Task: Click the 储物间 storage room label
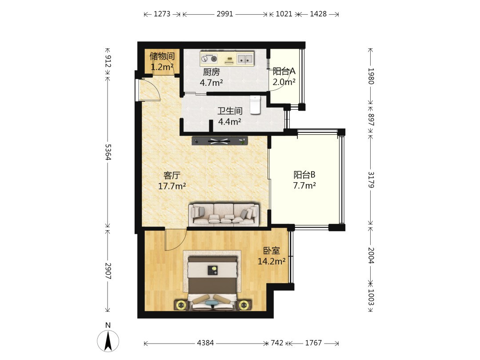pos(162,56)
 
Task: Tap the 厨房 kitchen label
pos(211,72)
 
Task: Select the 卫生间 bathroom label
pos(230,111)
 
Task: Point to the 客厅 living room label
pos(172,176)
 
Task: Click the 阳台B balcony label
pos(304,175)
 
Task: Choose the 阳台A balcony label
pos(284,71)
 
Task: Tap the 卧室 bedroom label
pos(272,251)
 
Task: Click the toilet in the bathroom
pos(255,105)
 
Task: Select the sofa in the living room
pos(224,214)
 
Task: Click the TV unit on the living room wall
pos(220,141)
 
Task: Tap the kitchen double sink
pos(245,58)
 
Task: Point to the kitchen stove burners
pos(209,58)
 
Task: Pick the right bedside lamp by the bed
pos(244,305)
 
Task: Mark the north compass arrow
pos(108,340)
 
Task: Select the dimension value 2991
pos(225,14)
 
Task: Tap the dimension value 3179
pos(371,180)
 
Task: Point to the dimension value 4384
pos(205,343)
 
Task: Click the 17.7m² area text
pos(172,186)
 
